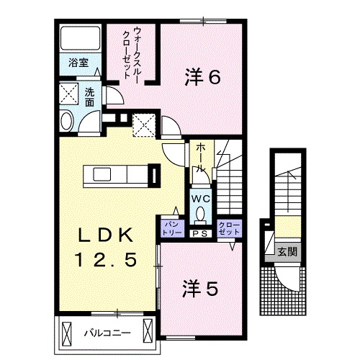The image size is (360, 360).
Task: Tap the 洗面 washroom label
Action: (89, 97)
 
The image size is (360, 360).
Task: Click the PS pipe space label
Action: (199, 233)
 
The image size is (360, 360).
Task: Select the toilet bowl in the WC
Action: (200, 213)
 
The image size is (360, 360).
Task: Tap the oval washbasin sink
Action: (66, 120)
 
